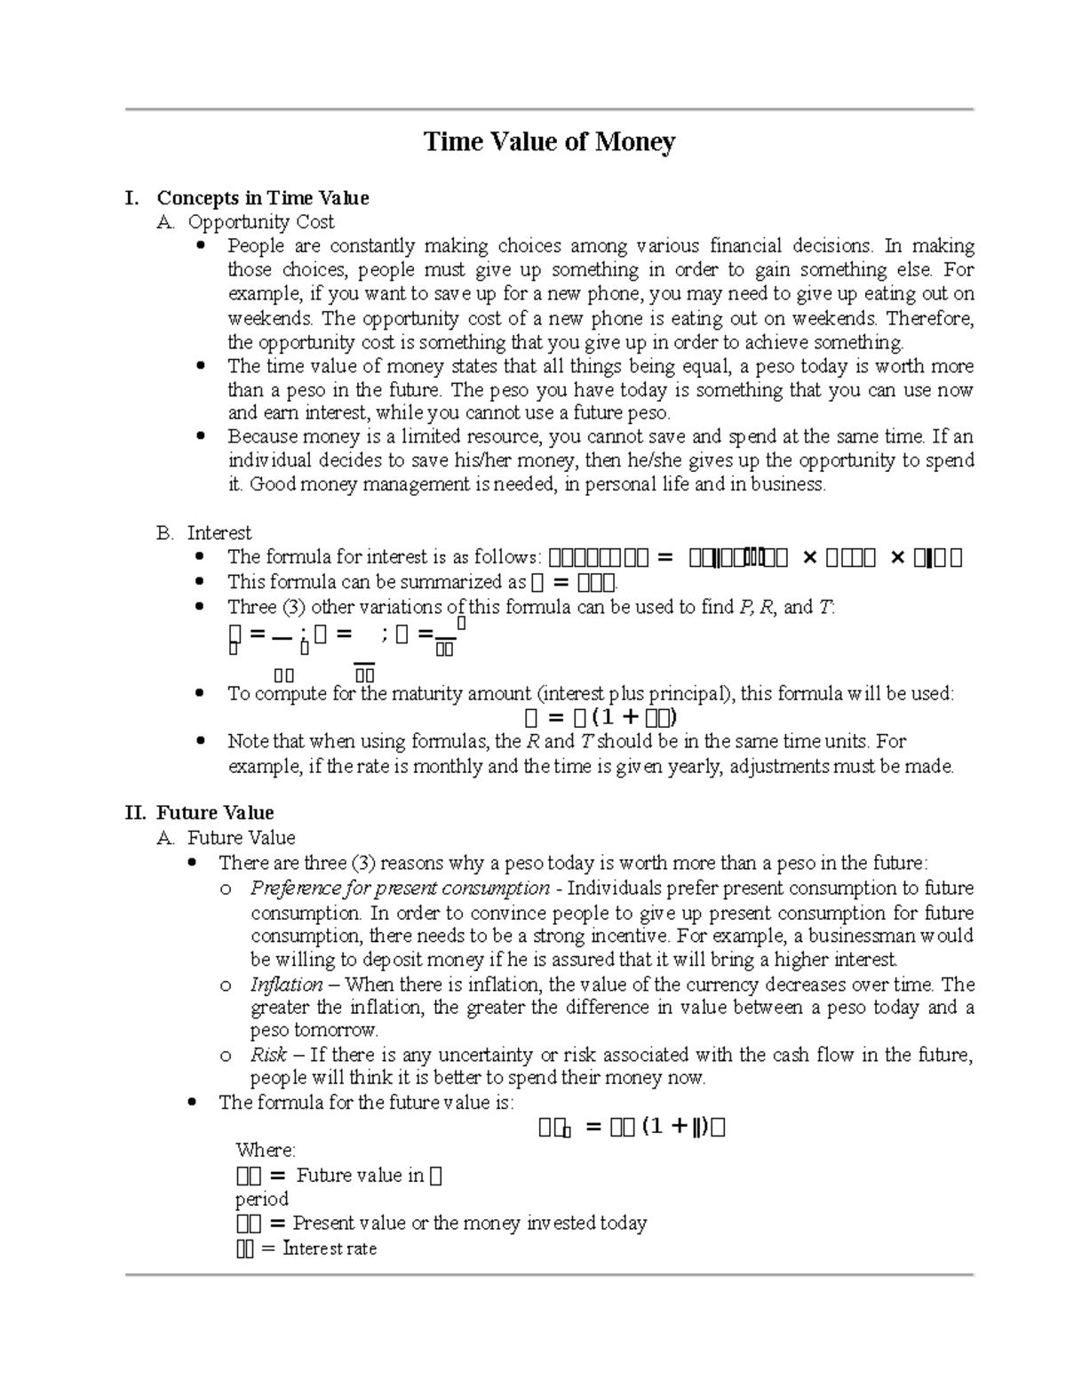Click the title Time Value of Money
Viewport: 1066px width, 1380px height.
pyautogui.click(x=550, y=142)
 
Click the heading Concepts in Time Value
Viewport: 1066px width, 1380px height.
pyautogui.click(x=262, y=198)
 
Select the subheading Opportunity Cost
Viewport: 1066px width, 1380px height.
pyautogui.click(x=260, y=222)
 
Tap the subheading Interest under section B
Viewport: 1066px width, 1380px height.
pyautogui.click(x=219, y=533)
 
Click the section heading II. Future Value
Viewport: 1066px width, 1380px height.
pyautogui.click(x=200, y=813)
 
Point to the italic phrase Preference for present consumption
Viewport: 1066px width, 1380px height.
pyautogui.click(x=400, y=889)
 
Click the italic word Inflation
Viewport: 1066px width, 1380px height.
pyautogui.click(x=286, y=985)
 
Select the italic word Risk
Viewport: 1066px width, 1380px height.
pyautogui.click(x=268, y=1055)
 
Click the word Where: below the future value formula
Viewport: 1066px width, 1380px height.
pyautogui.click(x=266, y=1151)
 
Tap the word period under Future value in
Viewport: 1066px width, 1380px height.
pyautogui.click(x=261, y=1199)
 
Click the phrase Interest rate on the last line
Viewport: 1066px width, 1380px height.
pyautogui.click(x=330, y=1248)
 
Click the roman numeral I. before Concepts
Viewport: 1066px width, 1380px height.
pyautogui.click(x=132, y=198)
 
